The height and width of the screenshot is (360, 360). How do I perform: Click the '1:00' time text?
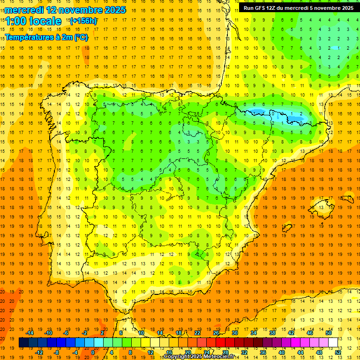click(17, 21)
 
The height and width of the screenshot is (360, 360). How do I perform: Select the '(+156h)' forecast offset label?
click(83, 21)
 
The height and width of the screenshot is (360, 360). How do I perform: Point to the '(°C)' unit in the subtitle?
click(81, 37)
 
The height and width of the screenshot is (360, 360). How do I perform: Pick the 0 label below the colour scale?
click(93, 352)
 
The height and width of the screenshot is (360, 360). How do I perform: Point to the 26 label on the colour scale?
click(216, 332)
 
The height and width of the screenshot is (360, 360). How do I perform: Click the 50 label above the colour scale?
click(329, 332)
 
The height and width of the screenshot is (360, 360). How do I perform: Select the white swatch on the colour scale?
click(333, 343)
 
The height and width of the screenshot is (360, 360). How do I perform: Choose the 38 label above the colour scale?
click(272, 332)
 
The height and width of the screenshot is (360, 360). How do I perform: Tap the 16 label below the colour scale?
click(169, 352)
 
